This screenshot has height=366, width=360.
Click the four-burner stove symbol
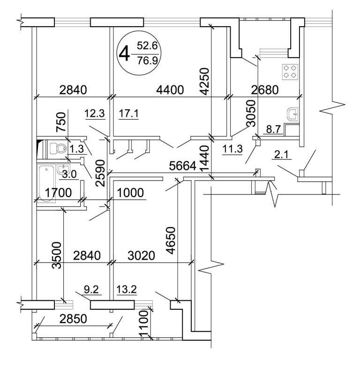tap(289, 71)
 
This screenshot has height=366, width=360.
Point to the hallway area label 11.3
tap(230, 150)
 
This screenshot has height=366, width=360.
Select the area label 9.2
tap(90, 290)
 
